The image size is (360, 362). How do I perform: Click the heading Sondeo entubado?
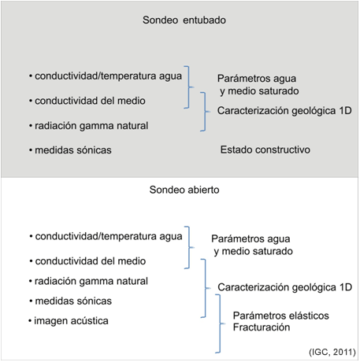(x=184, y=20)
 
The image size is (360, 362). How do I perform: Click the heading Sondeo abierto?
(x=184, y=190)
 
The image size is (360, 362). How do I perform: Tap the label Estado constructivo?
(x=265, y=150)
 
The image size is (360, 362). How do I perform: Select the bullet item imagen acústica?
(x=71, y=321)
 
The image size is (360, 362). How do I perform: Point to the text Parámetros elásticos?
(x=280, y=316)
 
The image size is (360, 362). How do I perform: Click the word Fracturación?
(x=262, y=327)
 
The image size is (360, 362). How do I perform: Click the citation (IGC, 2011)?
(x=332, y=352)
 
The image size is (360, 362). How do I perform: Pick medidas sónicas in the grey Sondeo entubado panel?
(x=73, y=150)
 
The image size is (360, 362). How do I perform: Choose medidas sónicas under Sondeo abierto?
(x=73, y=301)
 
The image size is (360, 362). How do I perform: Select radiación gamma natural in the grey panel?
(x=91, y=126)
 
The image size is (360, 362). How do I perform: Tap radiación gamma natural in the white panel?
(x=91, y=281)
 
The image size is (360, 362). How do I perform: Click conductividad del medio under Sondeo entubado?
(x=90, y=101)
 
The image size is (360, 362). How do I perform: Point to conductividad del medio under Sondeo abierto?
(x=91, y=261)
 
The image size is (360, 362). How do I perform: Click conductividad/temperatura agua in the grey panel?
(x=108, y=76)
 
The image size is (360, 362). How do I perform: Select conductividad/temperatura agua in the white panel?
(x=109, y=236)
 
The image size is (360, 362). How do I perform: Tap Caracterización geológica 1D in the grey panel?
(x=284, y=111)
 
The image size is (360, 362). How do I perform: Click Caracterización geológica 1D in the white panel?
(x=285, y=287)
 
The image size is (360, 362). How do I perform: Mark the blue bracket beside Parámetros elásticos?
(x=220, y=323)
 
